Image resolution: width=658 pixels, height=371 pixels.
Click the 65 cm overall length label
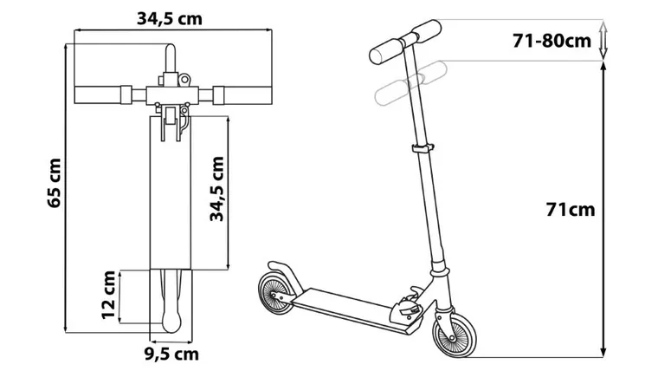tap(55, 183)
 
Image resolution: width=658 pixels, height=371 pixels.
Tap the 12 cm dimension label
tap(109, 295)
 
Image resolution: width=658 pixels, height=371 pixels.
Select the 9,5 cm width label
tap(171, 355)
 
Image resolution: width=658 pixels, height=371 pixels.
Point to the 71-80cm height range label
tap(552, 41)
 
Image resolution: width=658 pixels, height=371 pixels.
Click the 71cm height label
tap(571, 209)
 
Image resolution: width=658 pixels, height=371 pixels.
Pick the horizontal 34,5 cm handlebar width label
tap(170, 18)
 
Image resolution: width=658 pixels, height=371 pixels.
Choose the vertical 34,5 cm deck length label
tap(217, 189)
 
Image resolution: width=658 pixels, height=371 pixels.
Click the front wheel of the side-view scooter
tap(455, 335)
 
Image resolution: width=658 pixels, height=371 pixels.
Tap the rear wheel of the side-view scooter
tap(276, 293)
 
